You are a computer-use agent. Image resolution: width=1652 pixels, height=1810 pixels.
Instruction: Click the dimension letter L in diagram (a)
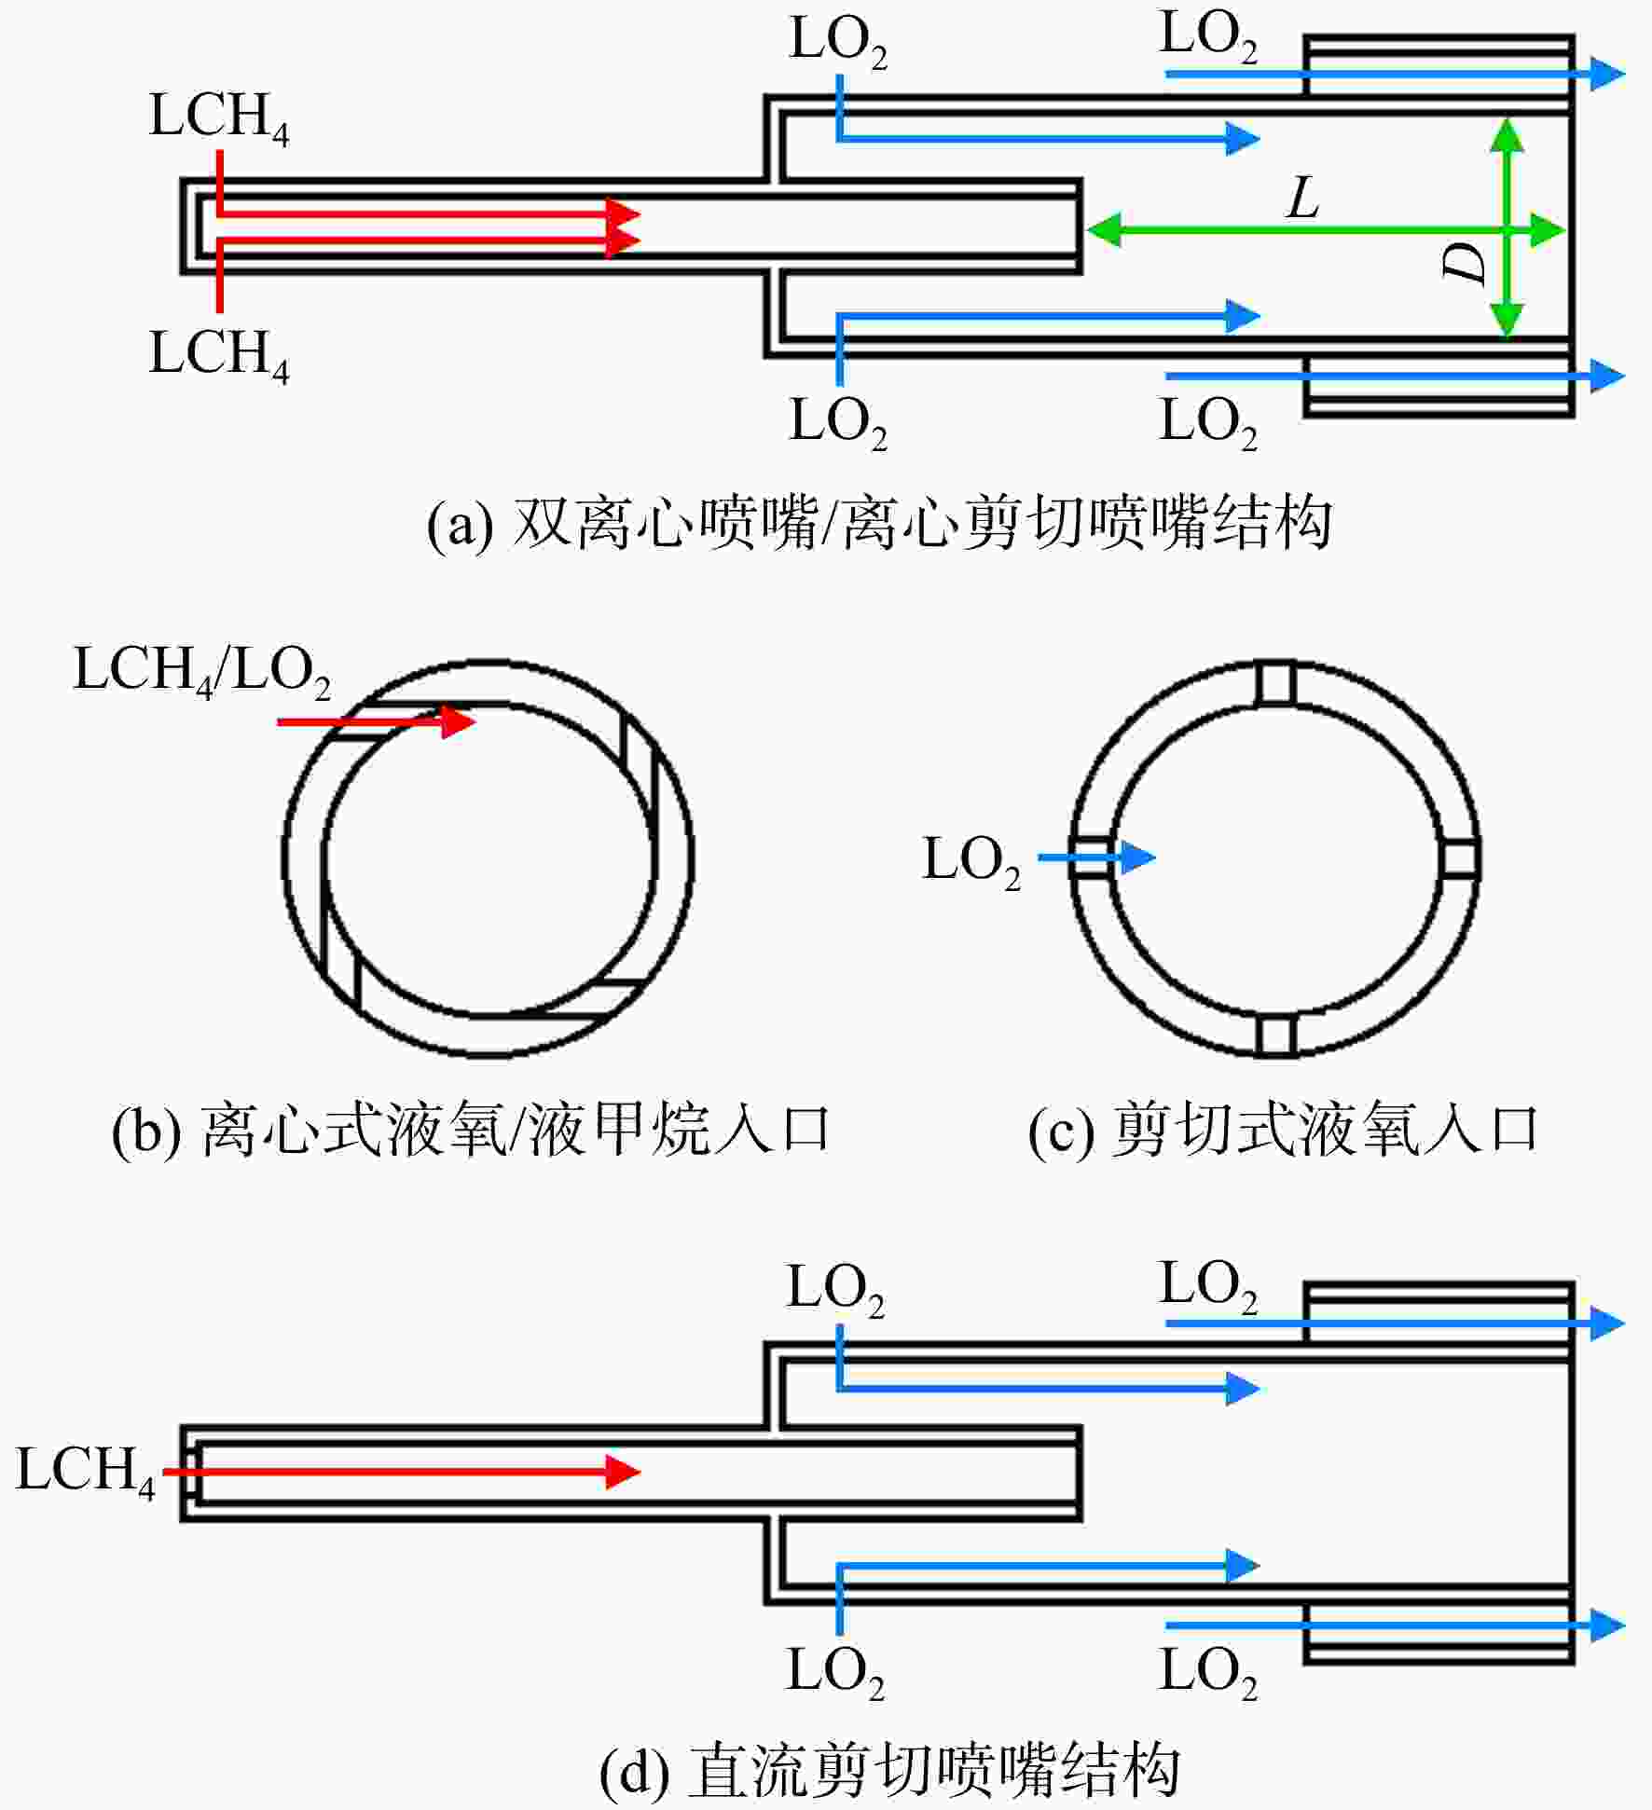click(1303, 199)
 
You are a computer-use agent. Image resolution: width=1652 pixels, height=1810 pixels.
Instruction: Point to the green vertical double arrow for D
click(1507, 228)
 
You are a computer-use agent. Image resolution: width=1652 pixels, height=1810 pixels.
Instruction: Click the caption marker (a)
click(460, 525)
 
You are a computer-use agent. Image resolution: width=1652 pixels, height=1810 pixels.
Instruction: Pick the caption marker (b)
click(145, 1131)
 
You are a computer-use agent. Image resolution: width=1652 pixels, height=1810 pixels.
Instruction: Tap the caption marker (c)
click(1061, 1131)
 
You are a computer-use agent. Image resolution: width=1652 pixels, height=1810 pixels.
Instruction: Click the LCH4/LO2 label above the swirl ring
click(202, 672)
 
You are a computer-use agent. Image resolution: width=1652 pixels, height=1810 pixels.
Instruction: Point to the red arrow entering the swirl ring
click(377, 721)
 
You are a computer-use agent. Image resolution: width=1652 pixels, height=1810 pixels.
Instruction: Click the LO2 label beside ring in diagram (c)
click(971, 861)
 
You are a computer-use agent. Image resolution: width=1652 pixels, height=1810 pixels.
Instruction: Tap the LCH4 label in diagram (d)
click(86, 1473)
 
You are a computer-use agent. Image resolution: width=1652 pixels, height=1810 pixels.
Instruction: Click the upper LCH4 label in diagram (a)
click(219, 118)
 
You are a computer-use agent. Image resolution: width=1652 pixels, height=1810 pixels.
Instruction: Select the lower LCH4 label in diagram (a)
click(219, 355)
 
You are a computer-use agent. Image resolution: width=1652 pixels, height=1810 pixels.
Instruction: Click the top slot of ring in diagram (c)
click(1275, 683)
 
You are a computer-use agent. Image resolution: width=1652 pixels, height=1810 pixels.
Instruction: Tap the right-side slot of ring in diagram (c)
click(1459, 858)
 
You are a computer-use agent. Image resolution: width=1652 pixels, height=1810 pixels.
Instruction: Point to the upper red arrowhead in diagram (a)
click(623, 214)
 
